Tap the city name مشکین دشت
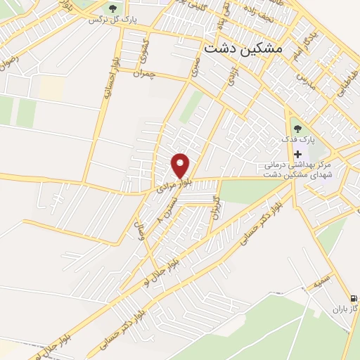pyautogui.click(x=242, y=49)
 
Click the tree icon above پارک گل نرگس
pyautogui.click(x=112, y=8)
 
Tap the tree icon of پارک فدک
pyautogui.click(x=297, y=129)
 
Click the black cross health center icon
pyautogui.click(x=297, y=154)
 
